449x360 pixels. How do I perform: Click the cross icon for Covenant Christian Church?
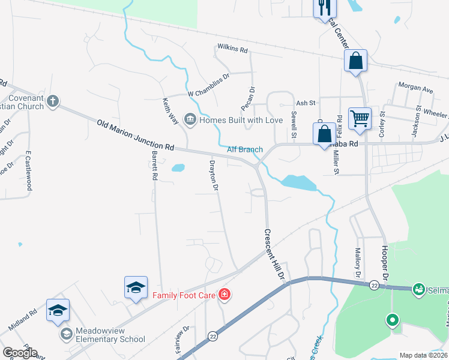pyautogui.click(x=53, y=100)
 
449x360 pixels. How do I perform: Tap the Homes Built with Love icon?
pyautogui.click(x=190, y=120)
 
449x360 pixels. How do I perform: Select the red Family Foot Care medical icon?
pyautogui.click(x=224, y=295)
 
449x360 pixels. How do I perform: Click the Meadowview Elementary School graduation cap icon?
pyautogui.click(x=65, y=332)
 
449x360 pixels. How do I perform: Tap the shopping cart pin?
pyautogui.click(x=360, y=118)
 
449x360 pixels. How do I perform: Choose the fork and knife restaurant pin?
pyautogui.click(x=325, y=7)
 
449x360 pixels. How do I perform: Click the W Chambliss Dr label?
pyautogui.click(x=208, y=93)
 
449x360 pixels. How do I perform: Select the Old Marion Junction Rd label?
pyautogui.click(x=135, y=135)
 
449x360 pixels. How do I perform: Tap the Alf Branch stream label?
pyautogui.click(x=245, y=149)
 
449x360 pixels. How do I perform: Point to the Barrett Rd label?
pyautogui.click(x=154, y=166)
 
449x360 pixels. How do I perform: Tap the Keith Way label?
pyautogui.click(x=170, y=111)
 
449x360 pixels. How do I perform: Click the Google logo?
pyautogui.click(x=20, y=353)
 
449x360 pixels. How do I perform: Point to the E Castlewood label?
pyautogui.click(x=28, y=175)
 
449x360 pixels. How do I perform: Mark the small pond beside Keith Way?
pyautogui.click(x=178, y=168)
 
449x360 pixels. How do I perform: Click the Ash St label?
pyautogui.click(x=306, y=103)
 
